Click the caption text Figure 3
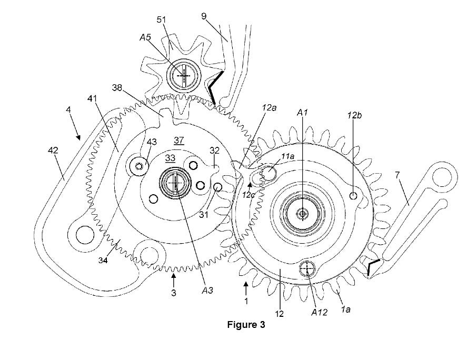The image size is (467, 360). click(246, 325)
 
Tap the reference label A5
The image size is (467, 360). click(145, 37)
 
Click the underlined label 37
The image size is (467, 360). click(178, 140)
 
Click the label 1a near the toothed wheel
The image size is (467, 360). click(345, 310)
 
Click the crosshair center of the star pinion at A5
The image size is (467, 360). click(183, 76)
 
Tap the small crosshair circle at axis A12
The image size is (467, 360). click(307, 269)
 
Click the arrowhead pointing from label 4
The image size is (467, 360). click(78, 138)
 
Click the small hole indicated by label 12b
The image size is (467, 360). click(353, 195)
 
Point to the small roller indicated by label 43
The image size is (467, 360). click(138, 166)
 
